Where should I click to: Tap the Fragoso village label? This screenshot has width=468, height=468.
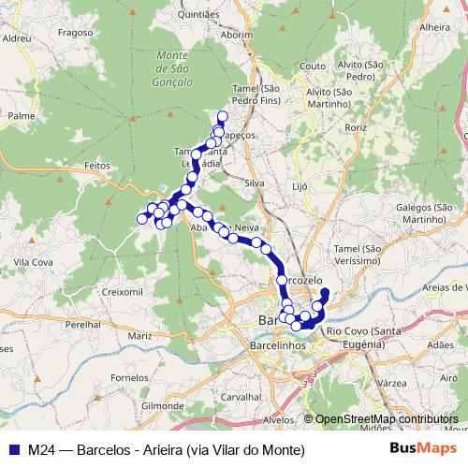click(100, 31)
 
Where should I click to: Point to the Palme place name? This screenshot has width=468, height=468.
click(21, 116)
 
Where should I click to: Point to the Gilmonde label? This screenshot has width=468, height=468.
click(162, 406)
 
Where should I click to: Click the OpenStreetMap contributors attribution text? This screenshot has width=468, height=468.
click(386, 419)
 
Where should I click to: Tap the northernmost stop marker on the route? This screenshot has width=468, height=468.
click(222, 117)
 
